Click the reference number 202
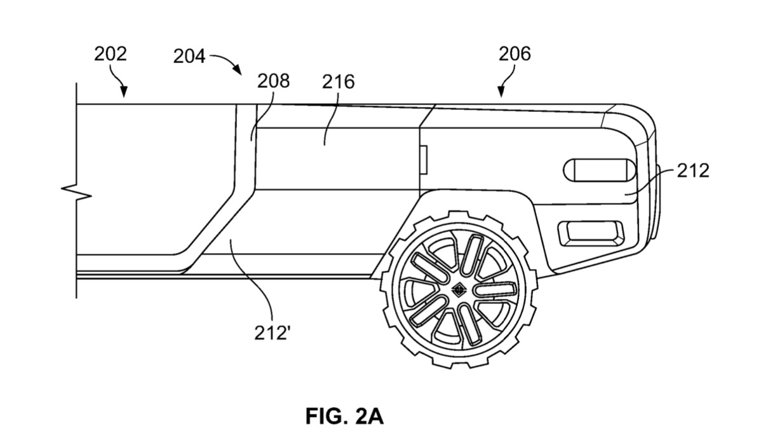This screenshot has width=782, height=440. pos(111,54)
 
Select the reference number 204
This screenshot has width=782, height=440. pos(189,57)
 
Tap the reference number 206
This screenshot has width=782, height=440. pos(514,54)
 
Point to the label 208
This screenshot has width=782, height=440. pos(273,81)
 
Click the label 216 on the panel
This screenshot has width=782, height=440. pos(338,81)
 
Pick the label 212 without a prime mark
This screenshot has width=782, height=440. pos(692,170)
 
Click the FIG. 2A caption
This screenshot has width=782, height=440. pos(344,416)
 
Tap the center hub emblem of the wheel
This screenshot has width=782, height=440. pos(459,290)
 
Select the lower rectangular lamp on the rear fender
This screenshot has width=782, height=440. pos(590,233)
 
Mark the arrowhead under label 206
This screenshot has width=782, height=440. pos(502,94)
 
